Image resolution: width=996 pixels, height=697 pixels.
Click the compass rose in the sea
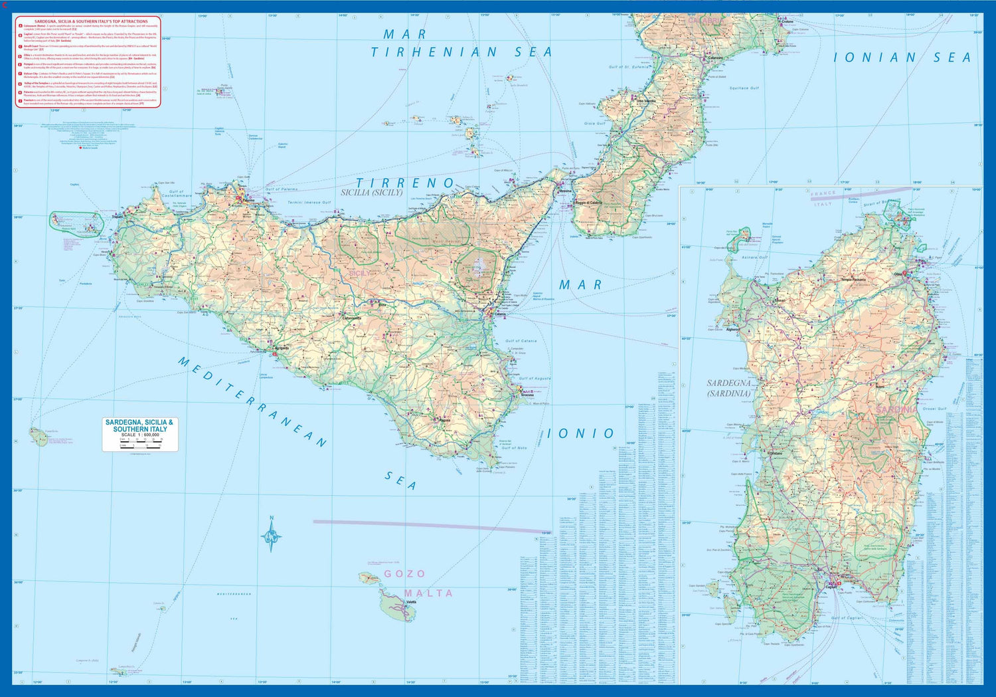click(271, 535)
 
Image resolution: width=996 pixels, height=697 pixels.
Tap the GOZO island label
click(405, 574)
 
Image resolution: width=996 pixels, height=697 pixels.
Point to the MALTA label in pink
click(429, 593)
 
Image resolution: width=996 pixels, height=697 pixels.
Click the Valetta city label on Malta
click(411, 603)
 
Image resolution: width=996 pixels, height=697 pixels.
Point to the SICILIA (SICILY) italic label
click(372, 193)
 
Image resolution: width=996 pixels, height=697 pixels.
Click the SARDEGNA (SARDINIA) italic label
click(728, 389)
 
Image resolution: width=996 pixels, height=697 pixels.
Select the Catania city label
click(500, 314)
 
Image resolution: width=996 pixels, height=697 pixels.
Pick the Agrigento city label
click(281, 348)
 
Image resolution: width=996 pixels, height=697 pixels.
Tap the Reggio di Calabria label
click(588, 203)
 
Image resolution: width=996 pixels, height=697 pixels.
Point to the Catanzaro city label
click(715, 58)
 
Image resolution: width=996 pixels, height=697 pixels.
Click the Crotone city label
click(788, 22)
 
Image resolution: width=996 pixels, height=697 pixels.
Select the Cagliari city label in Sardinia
click(831, 587)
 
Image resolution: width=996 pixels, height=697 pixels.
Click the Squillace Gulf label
click(744, 88)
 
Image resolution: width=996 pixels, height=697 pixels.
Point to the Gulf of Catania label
click(521, 341)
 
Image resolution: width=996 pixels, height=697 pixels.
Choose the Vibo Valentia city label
click(646, 101)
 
